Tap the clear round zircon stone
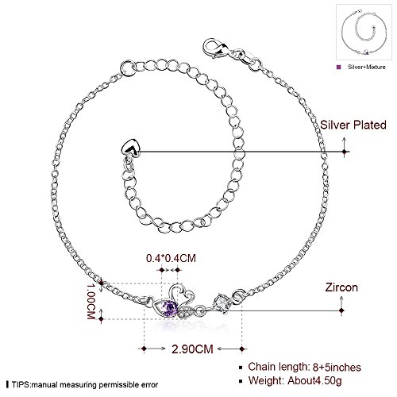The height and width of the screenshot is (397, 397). (x=222, y=303)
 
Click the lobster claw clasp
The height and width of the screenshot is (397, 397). (x=215, y=48)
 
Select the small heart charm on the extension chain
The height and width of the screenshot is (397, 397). (x=131, y=148)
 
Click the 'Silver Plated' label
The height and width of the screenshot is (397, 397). (x=353, y=125)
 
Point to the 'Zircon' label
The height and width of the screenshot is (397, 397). (x=341, y=287)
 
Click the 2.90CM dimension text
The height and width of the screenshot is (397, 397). (x=192, y=349)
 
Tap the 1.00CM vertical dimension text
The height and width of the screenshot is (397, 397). (x=91, y=301)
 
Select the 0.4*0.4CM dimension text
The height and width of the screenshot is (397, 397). (x=171, y=258)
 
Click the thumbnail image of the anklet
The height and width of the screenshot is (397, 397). (x=364, y=32)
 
